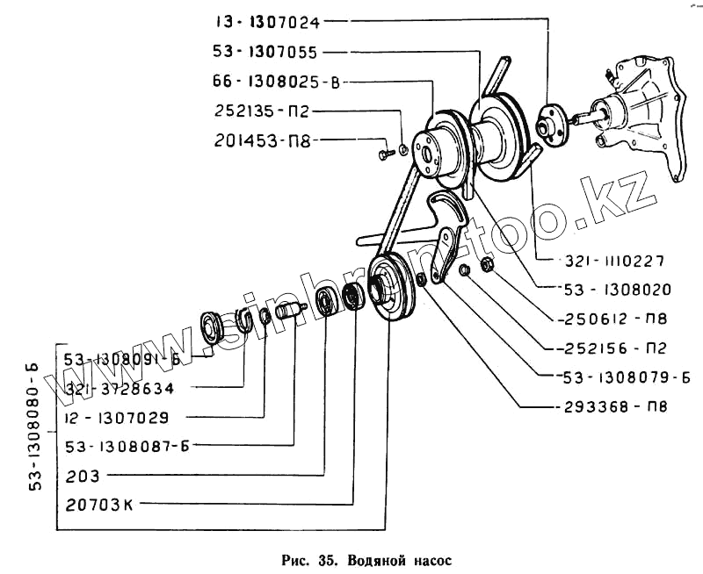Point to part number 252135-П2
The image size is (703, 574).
[x=261, y=111]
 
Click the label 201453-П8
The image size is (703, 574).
[x=261, y=140]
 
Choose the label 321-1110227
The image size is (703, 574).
[x=614, y=261]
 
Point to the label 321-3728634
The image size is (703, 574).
[x=120, y=387]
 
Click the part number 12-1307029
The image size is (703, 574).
[x=119, y=417]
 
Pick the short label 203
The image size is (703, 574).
[x=83, y=476]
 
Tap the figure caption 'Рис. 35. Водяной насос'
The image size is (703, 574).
[x=353, y=559]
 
